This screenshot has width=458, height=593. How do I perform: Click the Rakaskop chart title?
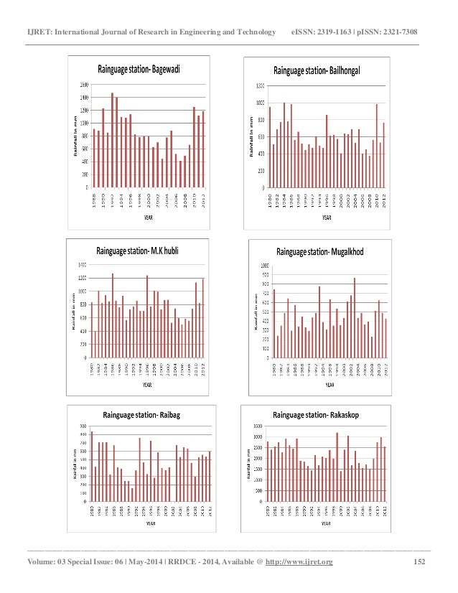click(322, 414)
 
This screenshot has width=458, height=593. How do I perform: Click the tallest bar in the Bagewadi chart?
click(112, 140)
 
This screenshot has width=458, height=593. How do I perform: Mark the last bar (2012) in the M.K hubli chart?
click(203, 317)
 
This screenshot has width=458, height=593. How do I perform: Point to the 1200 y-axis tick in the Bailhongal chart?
click(261, 85)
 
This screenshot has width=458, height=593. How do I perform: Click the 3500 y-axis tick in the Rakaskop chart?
click(258, 426)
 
